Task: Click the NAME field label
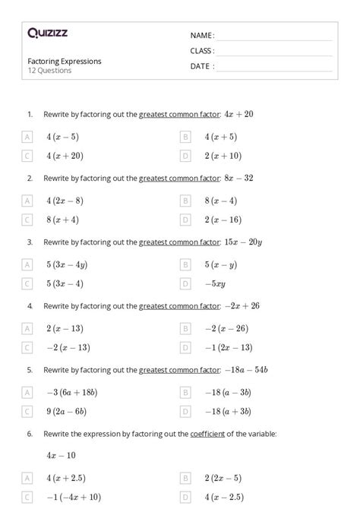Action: [201, 36]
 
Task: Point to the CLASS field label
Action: [201, 51]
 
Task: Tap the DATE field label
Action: [201, 66]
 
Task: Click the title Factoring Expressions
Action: [65, 61]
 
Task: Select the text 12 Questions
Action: [49, 71]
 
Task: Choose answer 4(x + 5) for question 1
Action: [220, 137]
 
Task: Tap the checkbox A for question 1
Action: [27, 137]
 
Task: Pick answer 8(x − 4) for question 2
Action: [220, 201]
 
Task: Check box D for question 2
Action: [185, 220]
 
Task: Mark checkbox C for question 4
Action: [27, 347]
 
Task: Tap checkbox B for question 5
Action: [185, 392]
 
